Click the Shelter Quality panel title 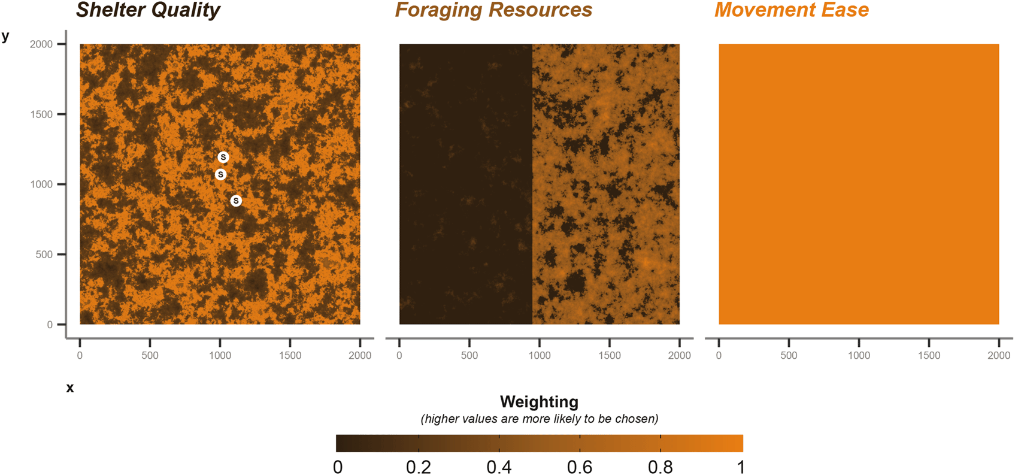[x=148, y=10]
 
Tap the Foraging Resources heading [x=493, y=10]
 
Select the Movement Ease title [x=791, y=10]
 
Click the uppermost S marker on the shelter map [x=223, y=157]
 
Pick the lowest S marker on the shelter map [x=236, y=201]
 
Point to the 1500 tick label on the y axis [x=41, y=114]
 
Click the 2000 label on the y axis [x=41, y=44]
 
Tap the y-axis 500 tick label [x=44, y=255]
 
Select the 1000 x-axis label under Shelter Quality [x=220, y=355]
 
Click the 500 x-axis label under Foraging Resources [x=469, y=355]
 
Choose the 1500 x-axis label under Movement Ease [x=929, y=355]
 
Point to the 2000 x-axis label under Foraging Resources [x=679, y=355]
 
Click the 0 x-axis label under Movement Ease [x=719, y=355]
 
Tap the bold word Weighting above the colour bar [x=539, y=401]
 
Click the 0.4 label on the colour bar [x=499, y=467]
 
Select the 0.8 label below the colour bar [x=660, y=467]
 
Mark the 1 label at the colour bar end [x=741, y=467]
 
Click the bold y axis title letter [x=5, y=36]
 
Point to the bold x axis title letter [x=70, y=388]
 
